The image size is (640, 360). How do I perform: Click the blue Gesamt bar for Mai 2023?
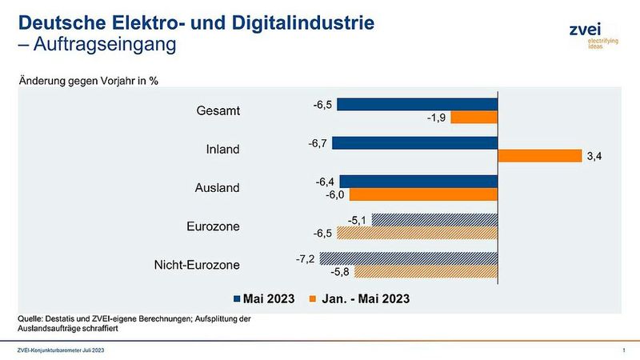click(x=418, y=105)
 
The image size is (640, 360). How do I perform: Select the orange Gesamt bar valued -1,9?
click(x=474, y=118)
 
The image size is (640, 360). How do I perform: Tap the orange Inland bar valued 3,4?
click(x=539, y=156)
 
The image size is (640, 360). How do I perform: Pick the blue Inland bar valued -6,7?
click(x=414, y=143)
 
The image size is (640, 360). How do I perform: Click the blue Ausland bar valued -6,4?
click(x=418, y=182)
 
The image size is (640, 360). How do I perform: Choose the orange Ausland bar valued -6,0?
click(x=423, y=194)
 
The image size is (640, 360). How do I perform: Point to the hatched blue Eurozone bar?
click(x=434, y=220)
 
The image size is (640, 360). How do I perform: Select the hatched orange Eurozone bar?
click(x=417, y=233)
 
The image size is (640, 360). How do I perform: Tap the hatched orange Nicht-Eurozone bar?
click(x=426, y=271)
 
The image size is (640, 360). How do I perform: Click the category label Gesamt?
click(x=218, y=111)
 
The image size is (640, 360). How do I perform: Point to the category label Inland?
click(x=222, y=150)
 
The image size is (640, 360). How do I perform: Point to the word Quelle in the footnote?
click(x=30, y=319)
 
